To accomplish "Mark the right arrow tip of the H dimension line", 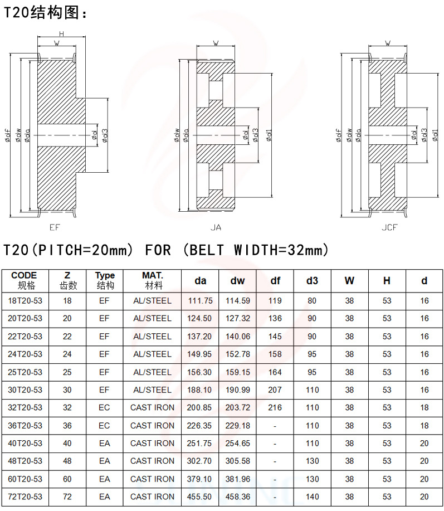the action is [85, 37].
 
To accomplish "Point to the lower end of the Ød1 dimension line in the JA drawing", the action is [272, 197].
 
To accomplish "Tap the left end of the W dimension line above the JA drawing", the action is [197, 46].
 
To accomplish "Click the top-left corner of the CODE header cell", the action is [2, 270].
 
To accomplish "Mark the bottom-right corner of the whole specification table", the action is [443, 506].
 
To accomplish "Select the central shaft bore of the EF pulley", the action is [62, 135].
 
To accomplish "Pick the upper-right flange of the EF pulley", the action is [75, 58].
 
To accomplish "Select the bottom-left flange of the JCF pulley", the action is [370, 212].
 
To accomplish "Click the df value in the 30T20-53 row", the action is [275, 390].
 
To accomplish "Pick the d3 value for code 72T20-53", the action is [312, 497].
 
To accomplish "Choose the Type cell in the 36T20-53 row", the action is [104, 426].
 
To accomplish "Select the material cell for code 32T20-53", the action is [152, 408].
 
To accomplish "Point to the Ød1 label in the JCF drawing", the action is [435, 135].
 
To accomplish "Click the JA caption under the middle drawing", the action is [216, 227].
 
